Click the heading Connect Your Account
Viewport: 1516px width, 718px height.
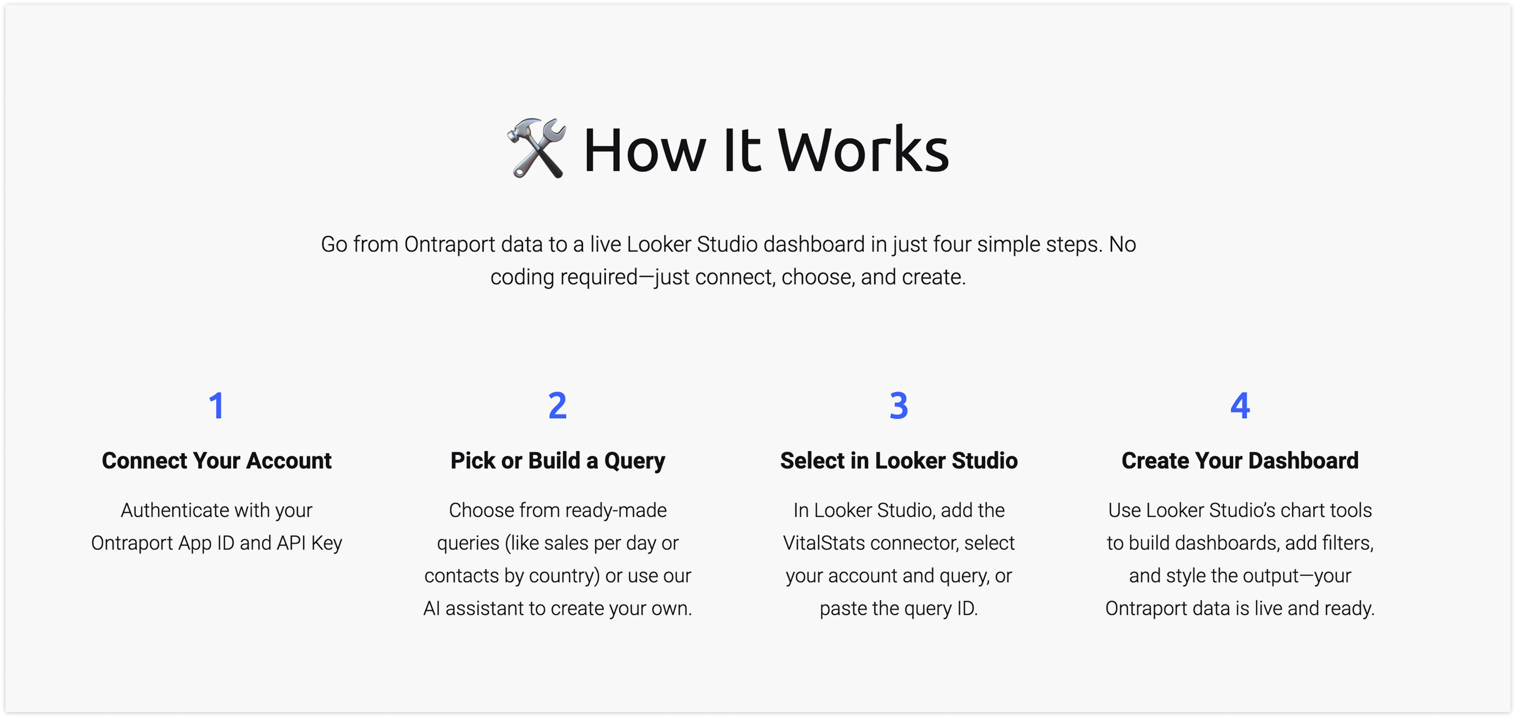[217, 460]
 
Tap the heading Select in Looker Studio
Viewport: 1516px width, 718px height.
[899, 460]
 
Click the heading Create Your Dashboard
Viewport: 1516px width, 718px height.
[1240, 460]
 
